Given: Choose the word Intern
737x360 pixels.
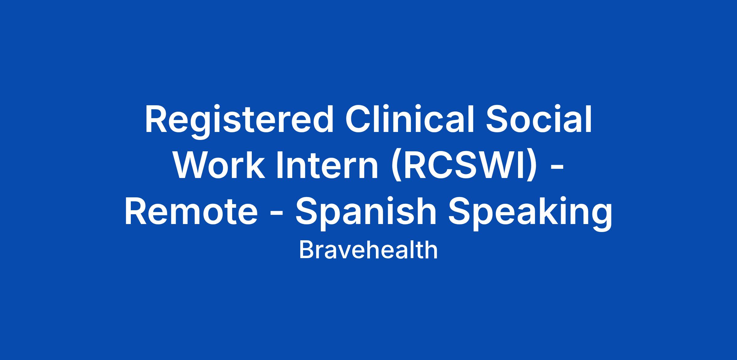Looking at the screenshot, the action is (328, 165).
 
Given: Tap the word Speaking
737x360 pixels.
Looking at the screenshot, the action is (530, 214).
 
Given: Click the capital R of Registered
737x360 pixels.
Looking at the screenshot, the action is (158, 119).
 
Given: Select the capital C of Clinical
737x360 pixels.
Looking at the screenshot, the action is (359, 119).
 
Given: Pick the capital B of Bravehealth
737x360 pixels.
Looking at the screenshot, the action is (306, 250).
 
